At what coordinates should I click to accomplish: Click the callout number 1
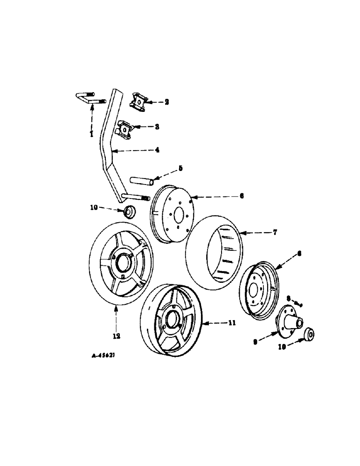point(92,134)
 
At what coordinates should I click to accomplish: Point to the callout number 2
point(153,101)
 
